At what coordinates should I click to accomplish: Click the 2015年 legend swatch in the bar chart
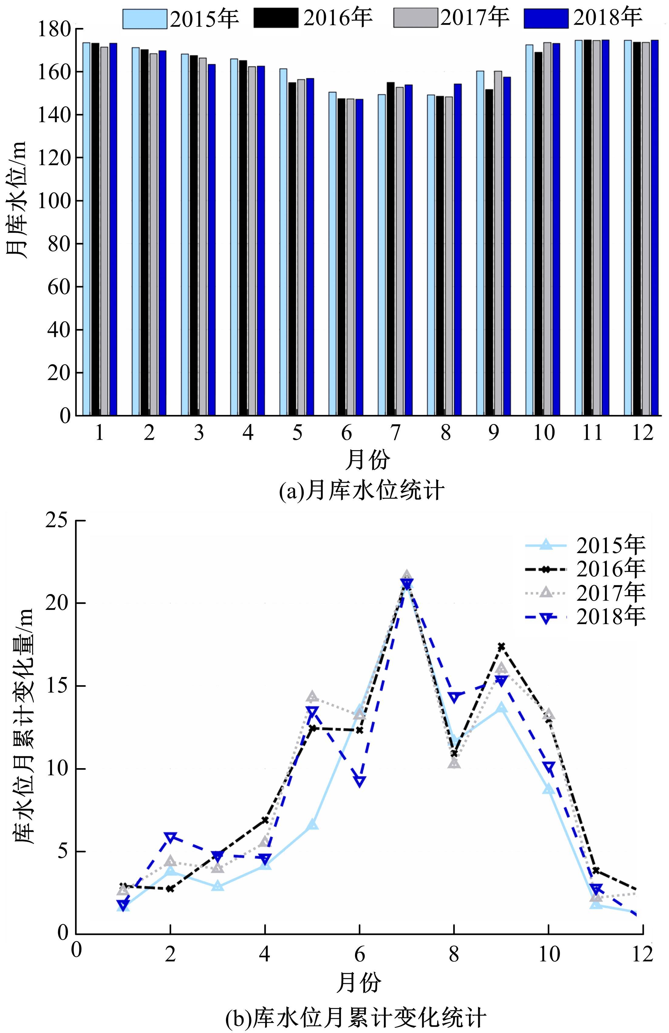click(x=145, y=19)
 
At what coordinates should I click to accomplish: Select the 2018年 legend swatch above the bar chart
click(x=546, y=19)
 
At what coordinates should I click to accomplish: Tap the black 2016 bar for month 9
click(x=489, y=252)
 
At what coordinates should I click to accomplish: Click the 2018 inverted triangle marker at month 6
click(x=359, y=781)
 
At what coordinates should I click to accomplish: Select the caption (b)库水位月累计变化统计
click(x=356, y=1018)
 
